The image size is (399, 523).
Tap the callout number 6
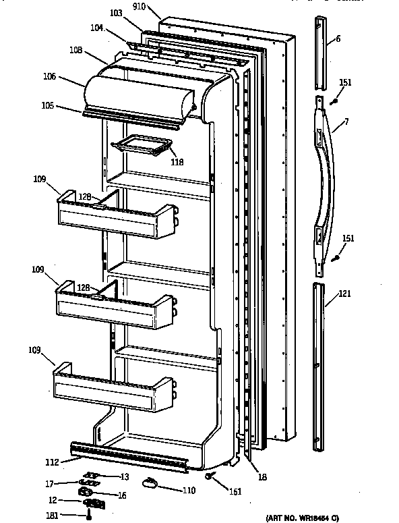(x=337, y=39)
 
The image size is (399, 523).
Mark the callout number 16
(x=122, y=495)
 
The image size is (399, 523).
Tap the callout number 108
(x=75, y=49)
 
